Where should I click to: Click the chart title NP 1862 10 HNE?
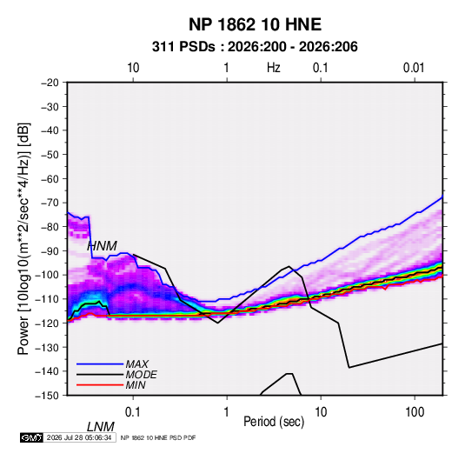[x=255, y=24]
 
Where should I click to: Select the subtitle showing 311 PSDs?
[x=255, y=47]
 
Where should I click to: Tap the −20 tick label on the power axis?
[x=50, y=83]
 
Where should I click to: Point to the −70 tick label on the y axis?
[x=50, y=203]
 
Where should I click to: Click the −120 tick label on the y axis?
[x=47, y=323]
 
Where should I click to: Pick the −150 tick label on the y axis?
[x=47, y=396]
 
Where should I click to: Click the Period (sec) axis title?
[x=274, y=422]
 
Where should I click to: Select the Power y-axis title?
[x=23, y=239]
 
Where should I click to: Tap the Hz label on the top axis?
[x=274, y=68]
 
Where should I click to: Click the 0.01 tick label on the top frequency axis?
[x=414, y=68]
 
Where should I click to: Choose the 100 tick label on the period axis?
[x=415, y=412]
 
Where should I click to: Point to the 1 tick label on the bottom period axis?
[x=227, y=412]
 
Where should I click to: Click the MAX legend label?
[x=137, y=363]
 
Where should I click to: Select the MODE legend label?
[x=141, y=375]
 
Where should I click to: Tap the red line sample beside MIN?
[x=100, y=385]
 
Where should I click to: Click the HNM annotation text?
[x=102, y=246]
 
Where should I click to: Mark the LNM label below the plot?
[x=101, y=427]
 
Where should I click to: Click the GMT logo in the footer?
[x=32, y=437]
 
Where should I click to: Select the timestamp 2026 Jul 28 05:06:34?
[x=79, y=437]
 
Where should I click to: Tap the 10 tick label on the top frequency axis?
[x=133, y=68]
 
